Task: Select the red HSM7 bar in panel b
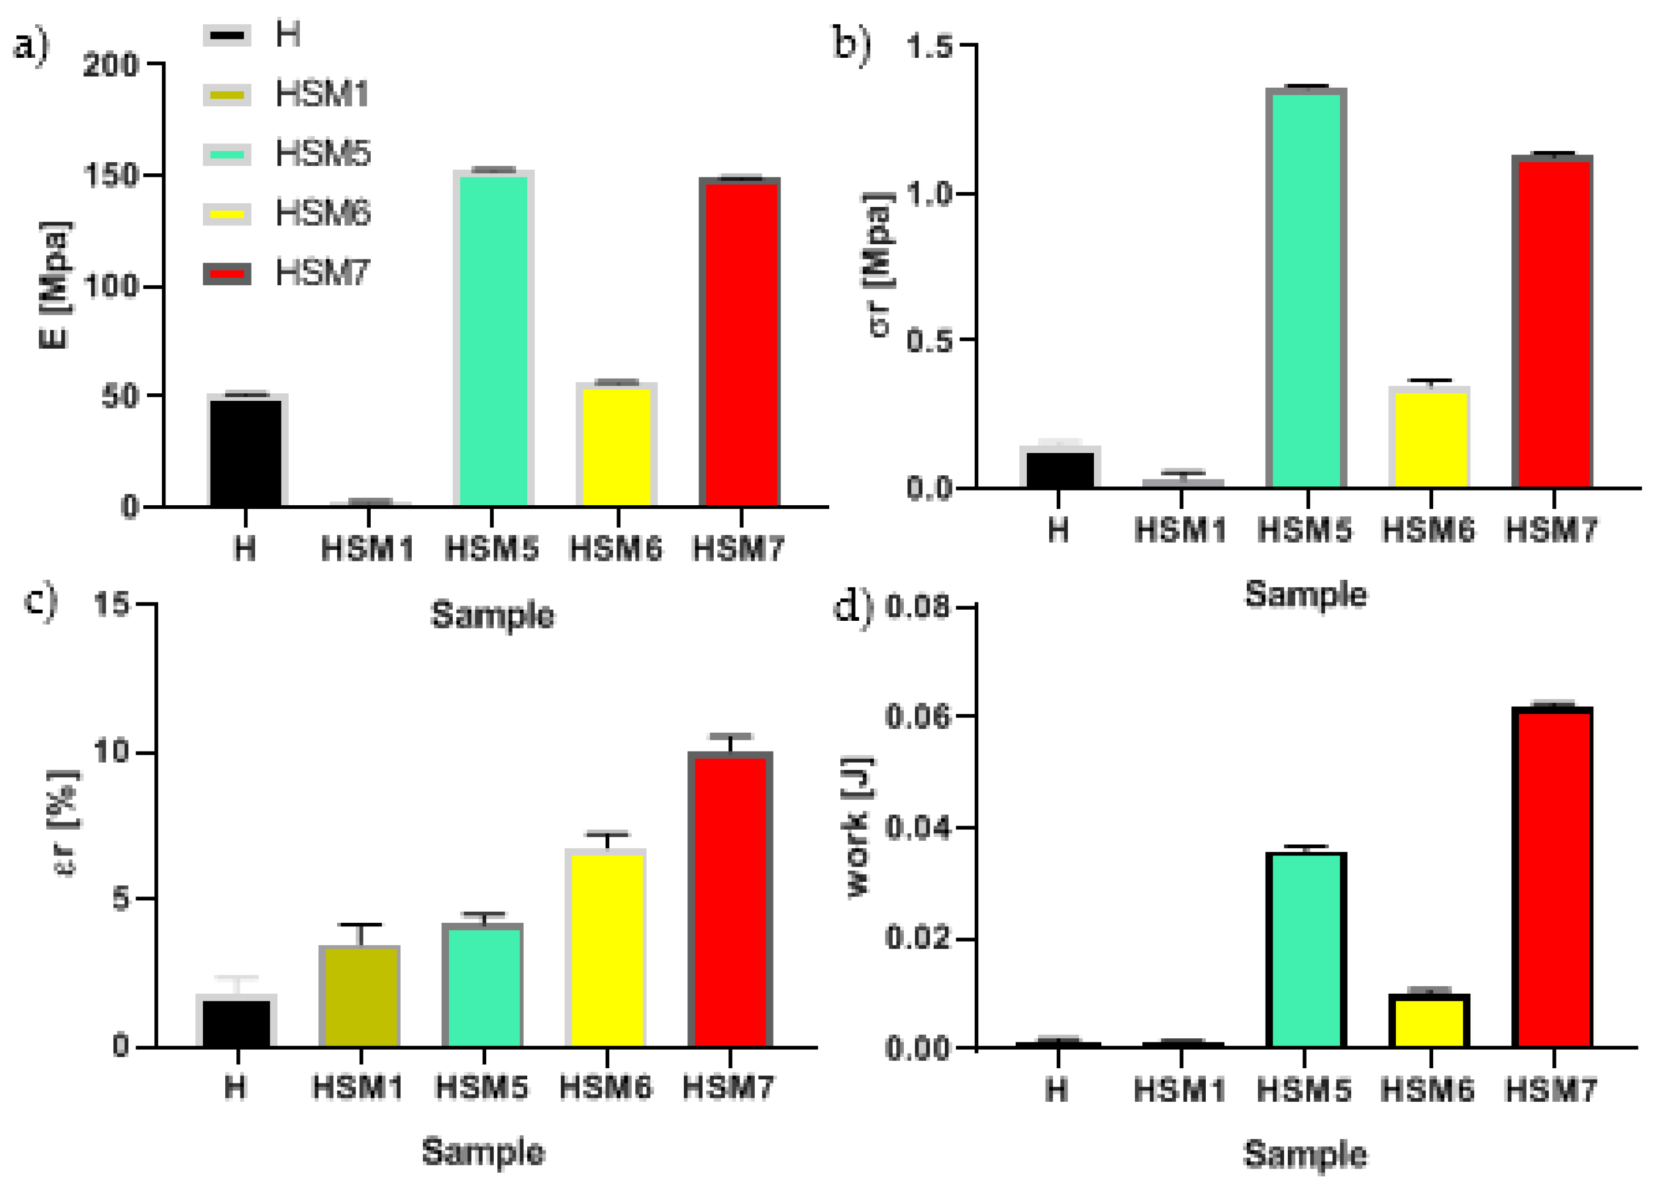[x=1552, y=322]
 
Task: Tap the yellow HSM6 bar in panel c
[x=607, y=948]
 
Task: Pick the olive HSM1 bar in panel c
[x=359, y=997]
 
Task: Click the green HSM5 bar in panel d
[x=1306, y=950]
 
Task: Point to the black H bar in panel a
[x=246, y=452]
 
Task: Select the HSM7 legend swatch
[x=227, y=274]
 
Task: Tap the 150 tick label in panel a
[x=111, y=175]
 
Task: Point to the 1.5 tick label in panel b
[x=930, y=47]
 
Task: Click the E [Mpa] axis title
[x=56, y=285]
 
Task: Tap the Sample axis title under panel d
[x=1305, y=1154]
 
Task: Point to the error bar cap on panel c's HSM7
[x=730, y=735]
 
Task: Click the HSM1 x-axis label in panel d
[x=1179, y=1090]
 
